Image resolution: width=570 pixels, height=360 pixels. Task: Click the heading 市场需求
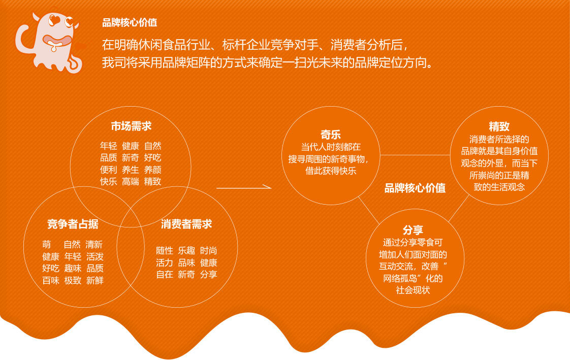coord(131,126)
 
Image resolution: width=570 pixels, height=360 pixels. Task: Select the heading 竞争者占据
coord(73,224)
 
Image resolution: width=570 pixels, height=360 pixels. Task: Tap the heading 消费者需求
coord(186,224)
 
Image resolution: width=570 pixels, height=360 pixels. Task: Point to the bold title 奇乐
coord(330,135)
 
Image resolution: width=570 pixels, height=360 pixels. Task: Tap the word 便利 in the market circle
coord(108,170)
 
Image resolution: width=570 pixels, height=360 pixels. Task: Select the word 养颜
coord(153,170)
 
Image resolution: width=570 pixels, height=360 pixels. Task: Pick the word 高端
coord(131,181)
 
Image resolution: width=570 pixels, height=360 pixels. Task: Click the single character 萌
coord(47,244)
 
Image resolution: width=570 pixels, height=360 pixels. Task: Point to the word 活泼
coord(95,256)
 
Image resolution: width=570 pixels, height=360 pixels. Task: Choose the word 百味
coord(51,280)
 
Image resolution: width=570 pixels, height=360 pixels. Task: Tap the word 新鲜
coord(95,280)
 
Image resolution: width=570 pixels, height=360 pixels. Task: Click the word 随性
coord(164,251)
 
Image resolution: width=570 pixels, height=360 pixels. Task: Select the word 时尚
coord(208,251)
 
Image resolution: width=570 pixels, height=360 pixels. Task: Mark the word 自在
coord(164,274)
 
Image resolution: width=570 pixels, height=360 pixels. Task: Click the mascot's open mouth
coord(57,40)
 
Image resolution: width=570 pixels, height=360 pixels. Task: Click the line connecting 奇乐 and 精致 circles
coord(415,155)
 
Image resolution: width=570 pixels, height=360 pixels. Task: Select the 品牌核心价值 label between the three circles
coord(415,188)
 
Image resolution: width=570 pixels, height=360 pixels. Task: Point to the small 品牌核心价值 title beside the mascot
coord(130,22)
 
